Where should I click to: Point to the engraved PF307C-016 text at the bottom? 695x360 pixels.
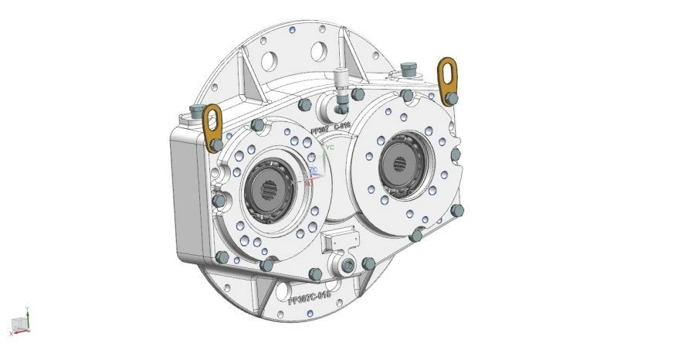pyautogui.click(x=309, y=296)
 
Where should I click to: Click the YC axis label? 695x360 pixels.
pyautogui.click(x=330, y=146)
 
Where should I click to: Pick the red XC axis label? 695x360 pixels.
pyautogui.click(x=308, y=183)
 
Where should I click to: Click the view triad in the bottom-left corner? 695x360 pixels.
pyautogui.click(x=20, y=323)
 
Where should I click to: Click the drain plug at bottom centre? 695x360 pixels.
pyautogui.click(x=348, y=267)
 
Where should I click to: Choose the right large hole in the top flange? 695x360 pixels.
pyautogui.click(x=317, y=51)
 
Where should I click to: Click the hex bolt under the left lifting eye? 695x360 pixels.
pyautogui.click(x=218, y=144)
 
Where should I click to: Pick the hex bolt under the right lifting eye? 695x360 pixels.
pyautogui.click(x=452, y=98)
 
